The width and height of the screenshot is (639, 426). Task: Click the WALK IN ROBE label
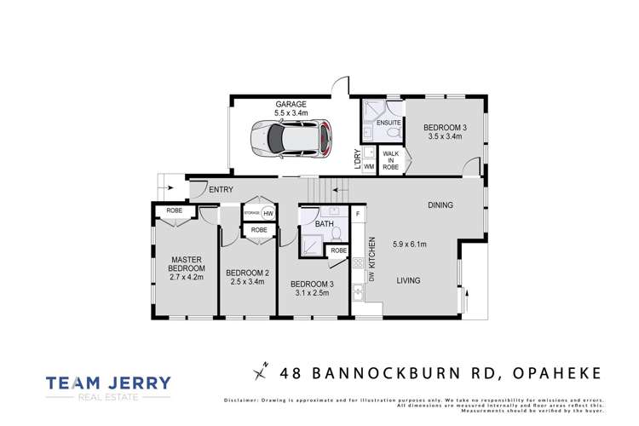390,162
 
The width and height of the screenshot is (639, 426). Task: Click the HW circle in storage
268,213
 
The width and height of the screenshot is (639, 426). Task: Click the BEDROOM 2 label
247,273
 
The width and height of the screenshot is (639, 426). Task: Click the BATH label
322,223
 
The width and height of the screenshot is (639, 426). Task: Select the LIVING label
412,279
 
